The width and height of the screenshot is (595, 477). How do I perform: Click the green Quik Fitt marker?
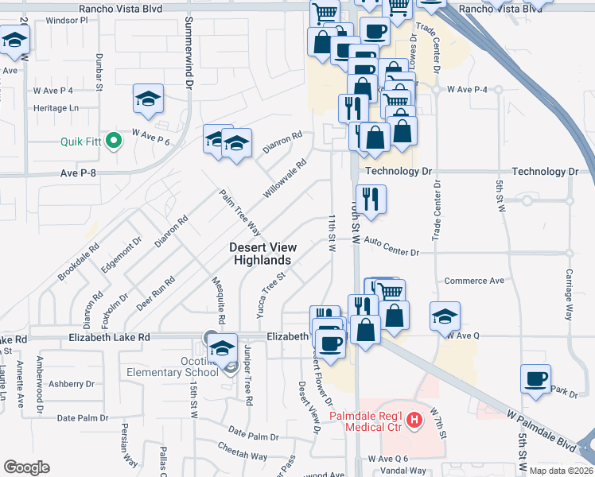114,142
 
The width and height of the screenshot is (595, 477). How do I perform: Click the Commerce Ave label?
474,281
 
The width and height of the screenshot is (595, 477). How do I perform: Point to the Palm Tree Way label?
241,212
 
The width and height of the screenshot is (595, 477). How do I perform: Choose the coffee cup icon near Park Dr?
536,378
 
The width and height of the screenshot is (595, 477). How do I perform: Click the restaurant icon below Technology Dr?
371,197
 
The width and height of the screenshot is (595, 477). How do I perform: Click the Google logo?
26,467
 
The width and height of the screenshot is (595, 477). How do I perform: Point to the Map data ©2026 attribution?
562,471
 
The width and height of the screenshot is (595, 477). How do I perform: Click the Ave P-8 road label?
78,173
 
